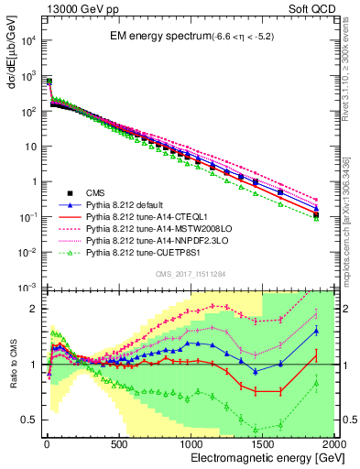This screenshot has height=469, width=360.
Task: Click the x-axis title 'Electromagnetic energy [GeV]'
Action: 261,457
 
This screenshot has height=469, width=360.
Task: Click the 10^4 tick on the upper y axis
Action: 26,40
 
